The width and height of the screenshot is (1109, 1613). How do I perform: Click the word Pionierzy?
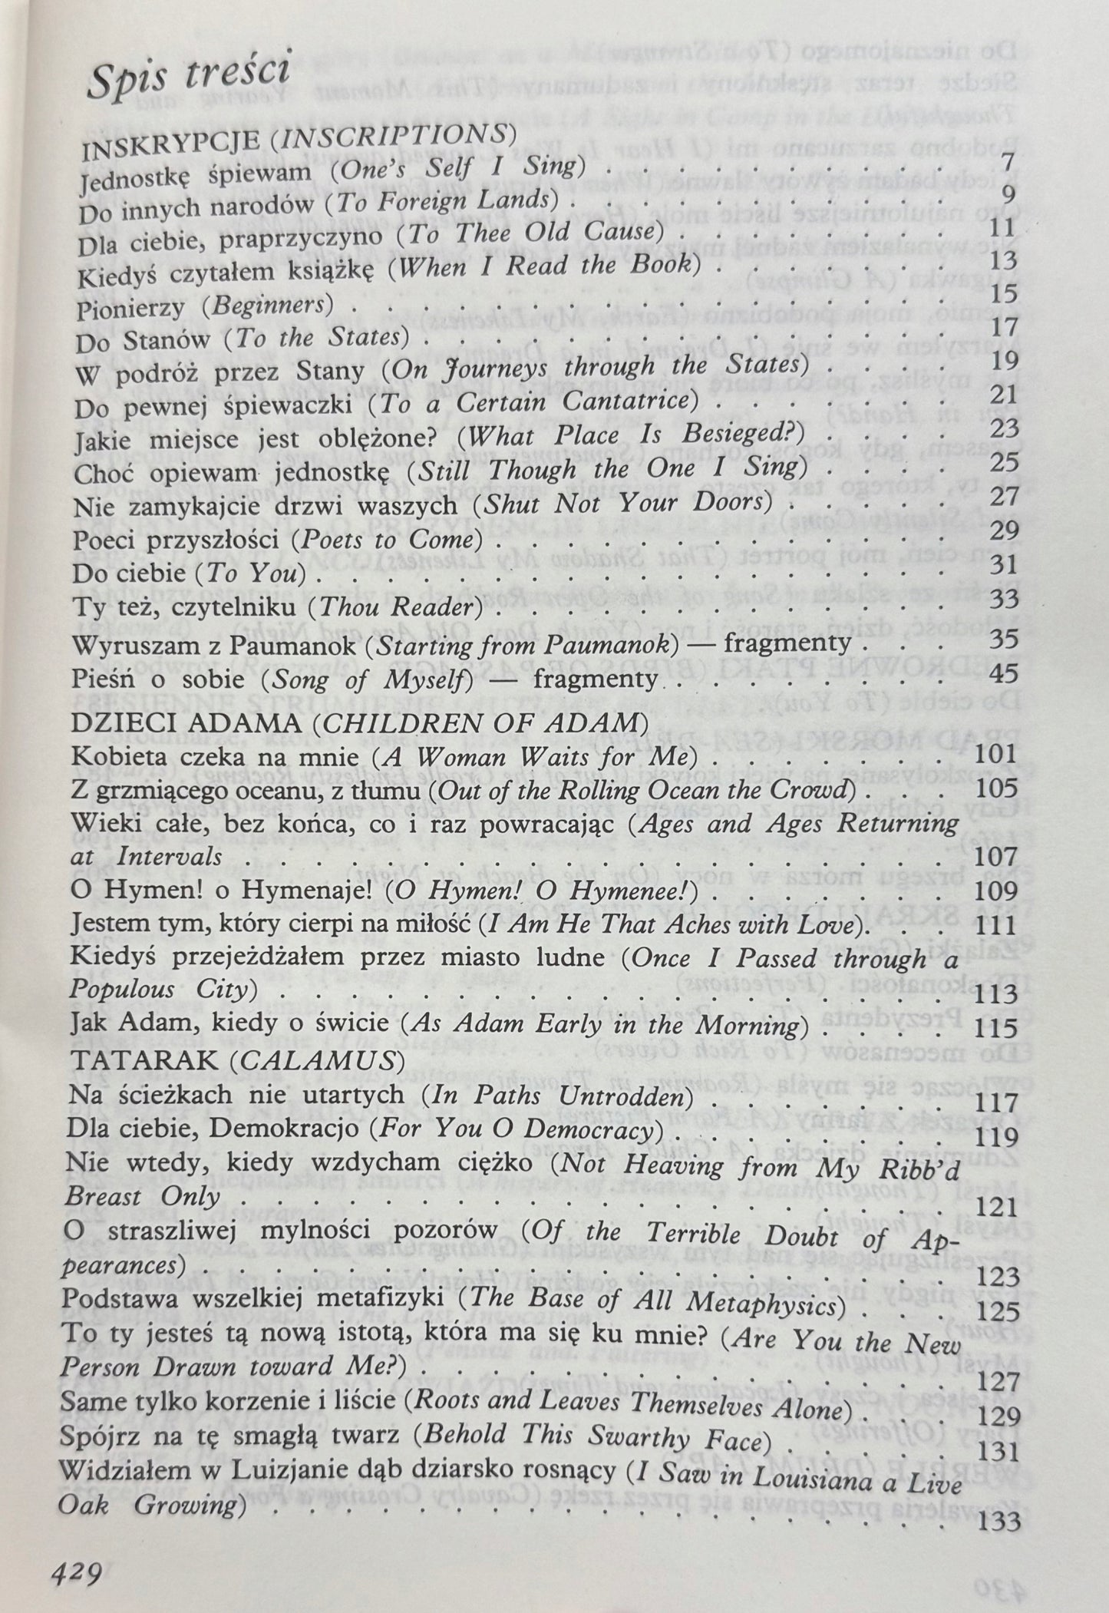[x=131, y=310]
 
